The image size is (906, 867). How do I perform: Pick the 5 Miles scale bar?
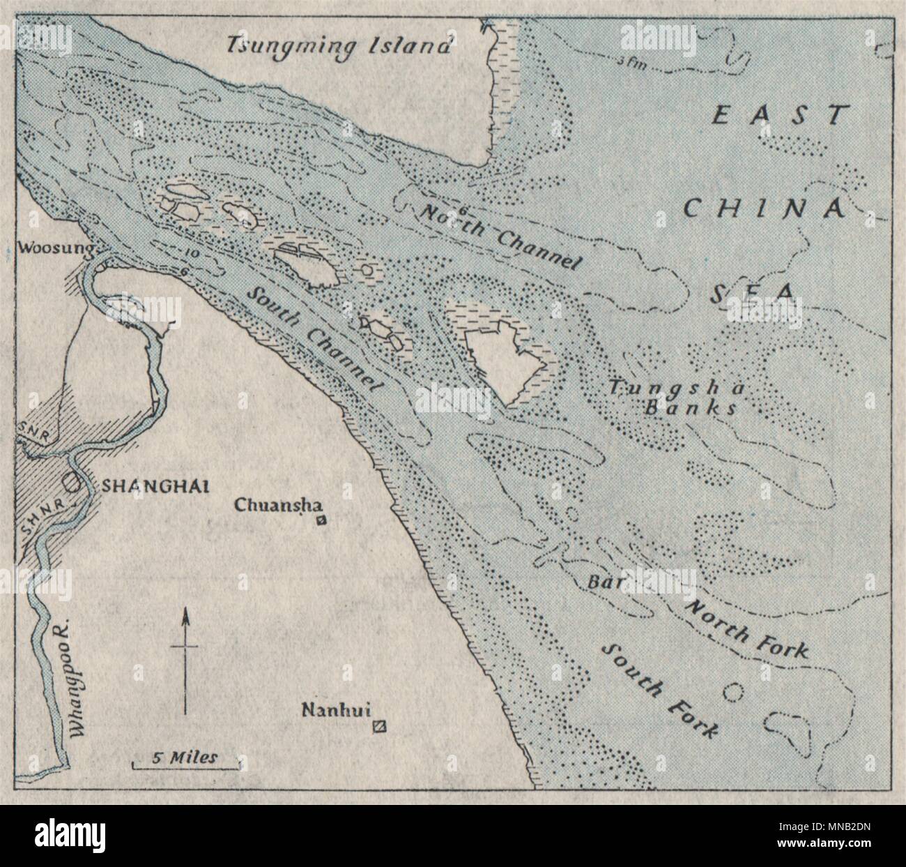185,762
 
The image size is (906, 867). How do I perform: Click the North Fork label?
746,628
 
